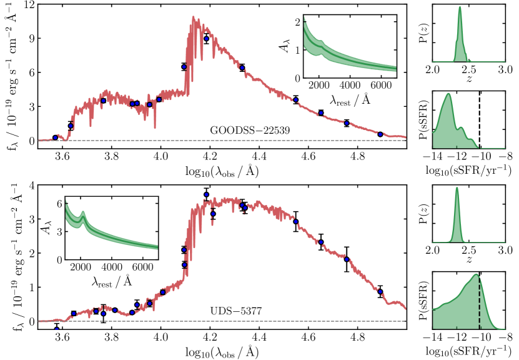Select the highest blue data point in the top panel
206,39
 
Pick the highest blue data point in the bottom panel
206,195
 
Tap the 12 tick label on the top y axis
25,4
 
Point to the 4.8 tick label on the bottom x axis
357,336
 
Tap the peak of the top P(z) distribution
460,8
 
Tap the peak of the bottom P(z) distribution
457,190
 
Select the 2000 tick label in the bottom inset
80,266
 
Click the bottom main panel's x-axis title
222,351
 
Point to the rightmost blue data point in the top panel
380,134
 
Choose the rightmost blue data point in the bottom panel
380,291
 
